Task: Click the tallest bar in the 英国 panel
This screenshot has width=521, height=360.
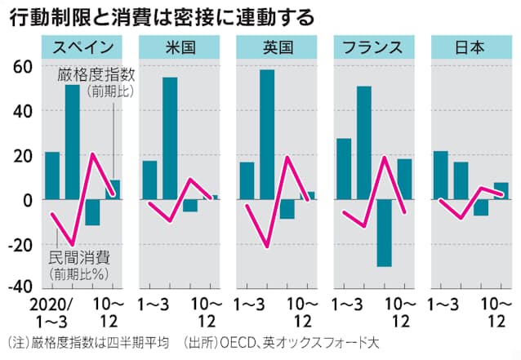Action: pos(267,135)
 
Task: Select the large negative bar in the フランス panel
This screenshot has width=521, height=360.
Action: pos(384,233)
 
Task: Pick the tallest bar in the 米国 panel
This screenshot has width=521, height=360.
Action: pos(170,138)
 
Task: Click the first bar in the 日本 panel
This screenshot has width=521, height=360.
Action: pos(440,176)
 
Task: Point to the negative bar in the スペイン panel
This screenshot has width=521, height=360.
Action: pos(92,212)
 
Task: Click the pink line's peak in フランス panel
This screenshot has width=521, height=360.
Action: pos(384,157)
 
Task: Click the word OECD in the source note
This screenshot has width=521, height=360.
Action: pos(234,342)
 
